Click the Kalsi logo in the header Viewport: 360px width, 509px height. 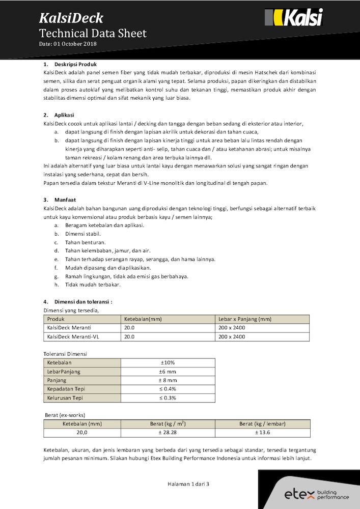[294, 18]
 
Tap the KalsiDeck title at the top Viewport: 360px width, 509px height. [71, 19]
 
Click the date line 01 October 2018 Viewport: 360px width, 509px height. [68, 44]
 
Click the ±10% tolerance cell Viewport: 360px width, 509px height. [168, 363]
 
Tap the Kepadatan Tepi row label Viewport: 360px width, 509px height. [65, 389]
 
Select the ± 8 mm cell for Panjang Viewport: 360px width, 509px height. [168, 380]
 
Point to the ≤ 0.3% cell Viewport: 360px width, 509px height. [168, 398]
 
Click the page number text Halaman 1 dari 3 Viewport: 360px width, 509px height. [188, 484]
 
